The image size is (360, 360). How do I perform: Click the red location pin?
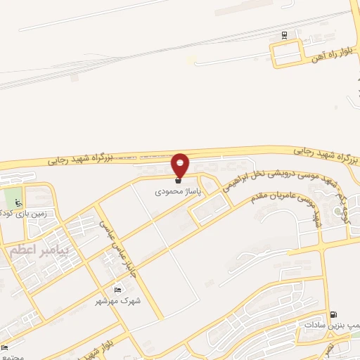click(181, 165)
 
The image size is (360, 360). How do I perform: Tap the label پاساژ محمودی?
click(178, 191)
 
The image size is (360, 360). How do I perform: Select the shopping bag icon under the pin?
click(177, 181)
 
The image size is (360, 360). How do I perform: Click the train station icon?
click(284, 35)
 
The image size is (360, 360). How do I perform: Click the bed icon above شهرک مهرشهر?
click(117, 290)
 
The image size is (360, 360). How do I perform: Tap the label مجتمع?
click(13, 356)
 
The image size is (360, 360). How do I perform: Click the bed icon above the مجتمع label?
click(5, 347)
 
